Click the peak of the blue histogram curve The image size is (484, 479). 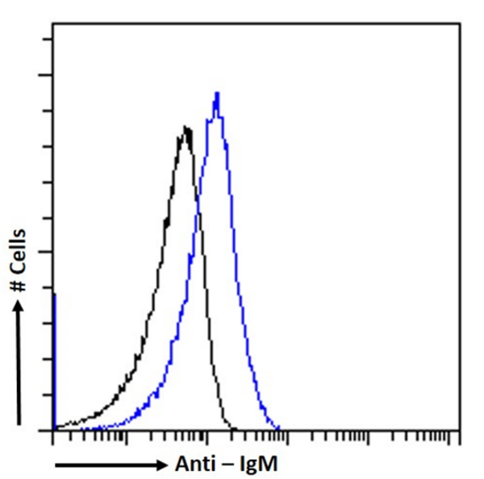point(216,94)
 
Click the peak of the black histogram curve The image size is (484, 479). point(186,127)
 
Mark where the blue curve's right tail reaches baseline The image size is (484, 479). point(278,428)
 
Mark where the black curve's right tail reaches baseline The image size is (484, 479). point(233,428)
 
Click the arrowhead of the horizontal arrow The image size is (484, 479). point(163,465)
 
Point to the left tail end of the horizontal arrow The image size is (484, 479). point(56,465)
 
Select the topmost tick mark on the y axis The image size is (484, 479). point(48,39)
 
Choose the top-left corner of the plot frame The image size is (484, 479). point(53,24)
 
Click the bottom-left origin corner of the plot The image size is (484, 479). point(53,430)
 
